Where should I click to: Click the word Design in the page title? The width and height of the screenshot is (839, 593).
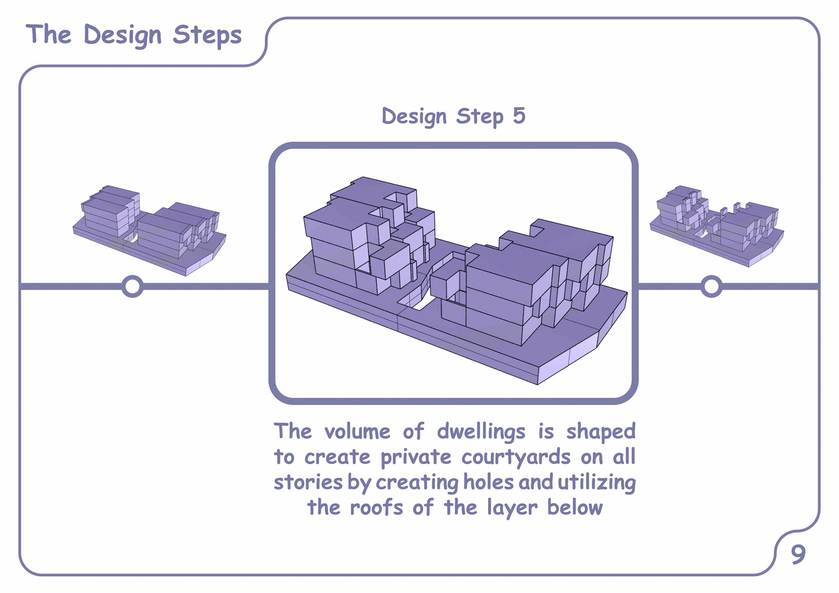point(122,35)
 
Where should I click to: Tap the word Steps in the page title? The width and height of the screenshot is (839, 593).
point(207,35)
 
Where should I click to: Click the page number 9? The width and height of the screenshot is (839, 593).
point(798,555)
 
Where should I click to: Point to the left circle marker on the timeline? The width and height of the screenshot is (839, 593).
point(132,287)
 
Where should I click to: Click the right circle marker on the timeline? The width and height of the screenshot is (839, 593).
point(711,287)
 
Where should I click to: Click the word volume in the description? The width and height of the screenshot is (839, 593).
point(357,432)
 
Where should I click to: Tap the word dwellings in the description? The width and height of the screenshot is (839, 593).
point(481,432)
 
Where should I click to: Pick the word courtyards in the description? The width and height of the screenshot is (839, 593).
point(516,458)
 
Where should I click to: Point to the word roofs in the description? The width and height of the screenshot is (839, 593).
point(376,508)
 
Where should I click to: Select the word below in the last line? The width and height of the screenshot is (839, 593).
point(575,508)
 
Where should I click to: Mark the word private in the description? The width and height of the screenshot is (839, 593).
point(416,458)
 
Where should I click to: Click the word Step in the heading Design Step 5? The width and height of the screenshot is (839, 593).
point(480,116)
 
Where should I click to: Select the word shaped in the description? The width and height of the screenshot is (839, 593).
point(601,432)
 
